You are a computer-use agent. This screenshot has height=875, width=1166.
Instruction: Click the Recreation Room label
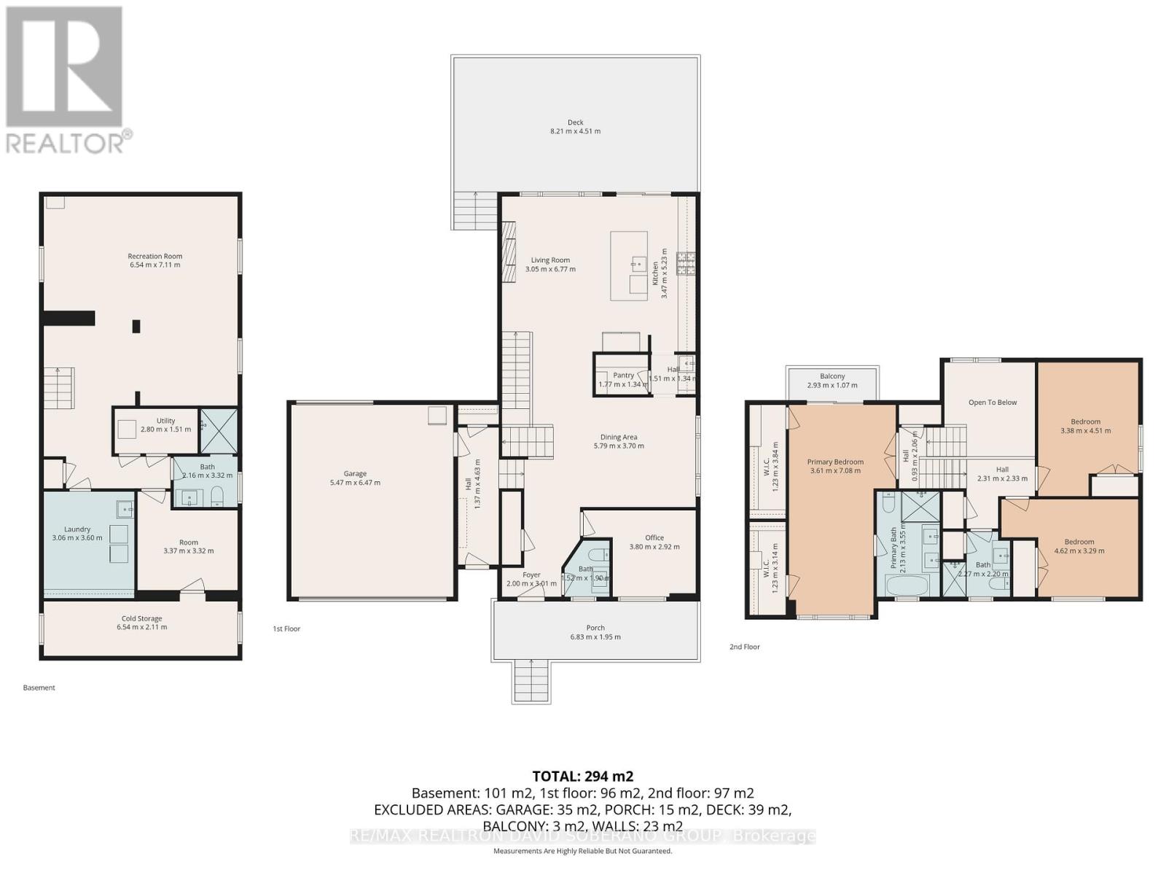click(x=154, y=256)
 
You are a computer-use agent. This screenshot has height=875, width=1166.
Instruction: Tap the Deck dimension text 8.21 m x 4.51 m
click(x=575, y=131)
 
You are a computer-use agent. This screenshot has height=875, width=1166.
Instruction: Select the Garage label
click(x=355, y=473)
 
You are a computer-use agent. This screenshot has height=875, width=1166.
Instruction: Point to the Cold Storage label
click(x=141, y=618)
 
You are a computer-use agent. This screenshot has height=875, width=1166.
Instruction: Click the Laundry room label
click(x=77, y=529)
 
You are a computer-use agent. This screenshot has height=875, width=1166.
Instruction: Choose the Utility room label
click(x=165, y=421)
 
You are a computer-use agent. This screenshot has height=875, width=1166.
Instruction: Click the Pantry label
click(x=623, y=375)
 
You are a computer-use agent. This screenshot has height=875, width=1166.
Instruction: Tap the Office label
click(x=654, y=537)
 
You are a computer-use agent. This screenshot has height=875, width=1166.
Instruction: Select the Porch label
click(x=595, y=627)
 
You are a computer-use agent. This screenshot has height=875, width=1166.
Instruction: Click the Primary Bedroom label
click(x=835, y=462)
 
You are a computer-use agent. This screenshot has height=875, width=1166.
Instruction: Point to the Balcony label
click(x=832, y=376)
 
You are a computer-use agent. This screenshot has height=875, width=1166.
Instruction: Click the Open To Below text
click(x=992, y=402)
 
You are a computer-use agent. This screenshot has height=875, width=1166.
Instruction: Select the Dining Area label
click(x=619, y=437)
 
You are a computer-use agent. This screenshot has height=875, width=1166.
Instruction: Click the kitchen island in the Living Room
click(x=629, y=265)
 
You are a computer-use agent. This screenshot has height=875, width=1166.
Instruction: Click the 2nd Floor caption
click(x=744, y=647)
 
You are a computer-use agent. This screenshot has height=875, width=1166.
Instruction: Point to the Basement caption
click(x=39, y=688)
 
